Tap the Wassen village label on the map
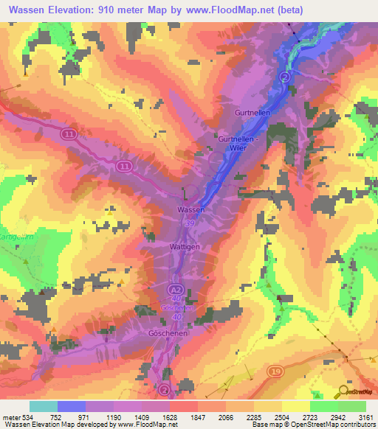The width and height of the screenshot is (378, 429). click(x=190, y=210)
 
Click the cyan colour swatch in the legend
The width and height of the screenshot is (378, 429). click(x=44, y=406)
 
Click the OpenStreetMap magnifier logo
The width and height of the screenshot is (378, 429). click(x=343, y=391)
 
